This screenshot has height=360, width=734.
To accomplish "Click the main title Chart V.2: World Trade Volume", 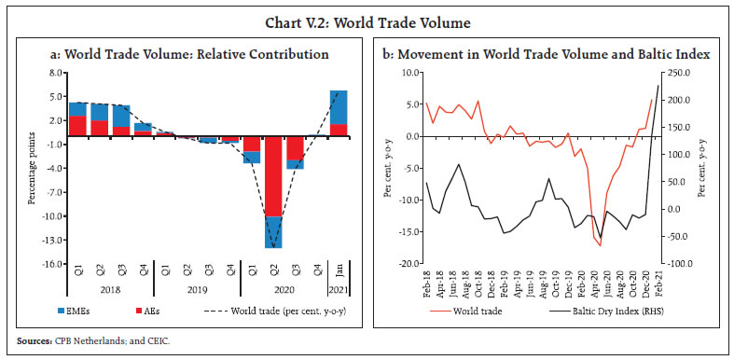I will point(367,16).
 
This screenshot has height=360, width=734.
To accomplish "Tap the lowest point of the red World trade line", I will point(600,245).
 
